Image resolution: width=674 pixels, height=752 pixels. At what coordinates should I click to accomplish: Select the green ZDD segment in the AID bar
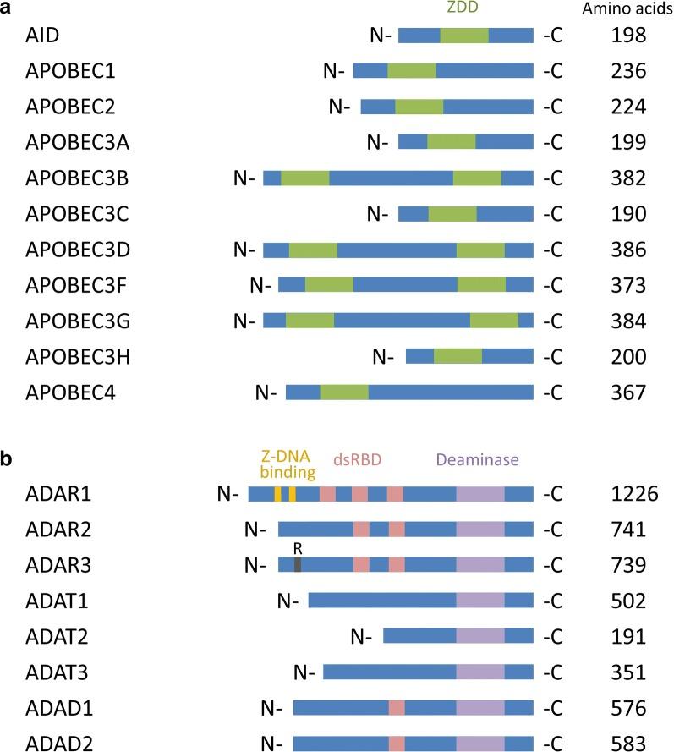point(463,36)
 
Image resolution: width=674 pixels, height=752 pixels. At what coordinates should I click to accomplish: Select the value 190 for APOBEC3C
point(627,214)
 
